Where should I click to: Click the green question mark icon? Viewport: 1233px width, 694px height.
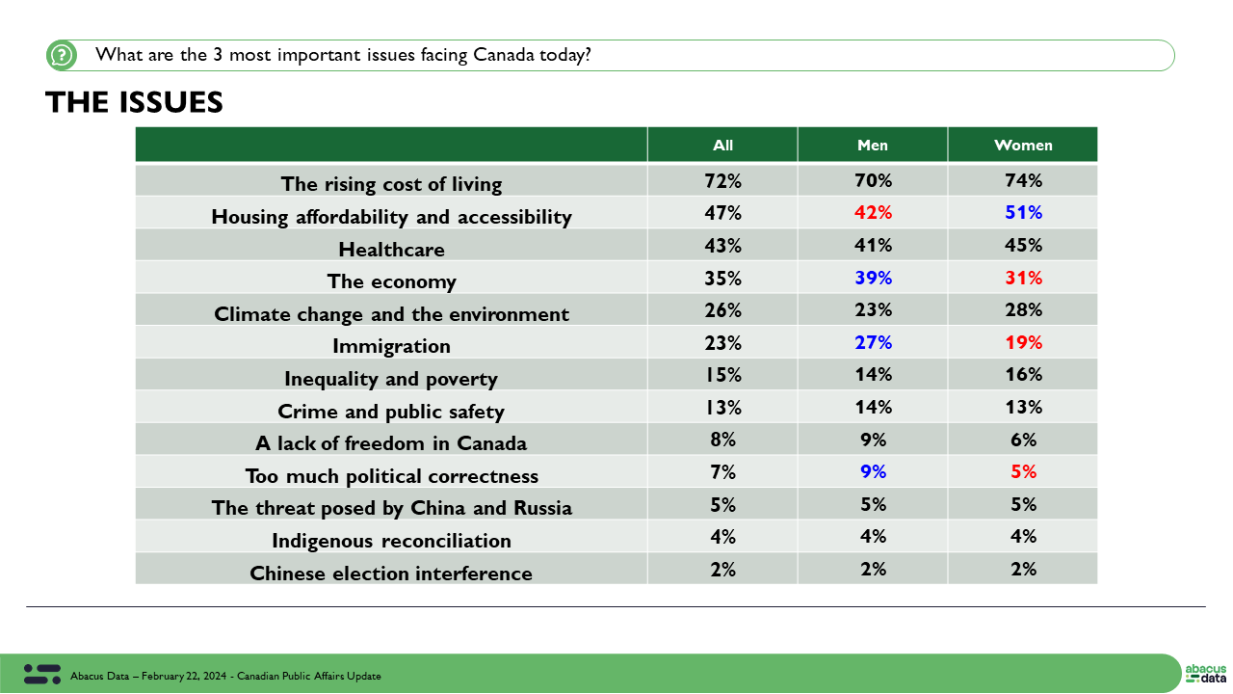click(x=61, y=55)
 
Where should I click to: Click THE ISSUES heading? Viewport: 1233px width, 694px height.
click(x=134, y=102)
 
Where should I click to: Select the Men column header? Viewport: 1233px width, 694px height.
click(x=873, y=146)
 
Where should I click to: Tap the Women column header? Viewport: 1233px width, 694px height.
click(x=1023, y=146)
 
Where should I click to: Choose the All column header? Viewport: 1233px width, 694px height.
click(x=722, y=146)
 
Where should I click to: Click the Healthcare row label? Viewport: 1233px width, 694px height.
click(x=391, y=250)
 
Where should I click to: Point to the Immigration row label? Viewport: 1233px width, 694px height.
click(x=391, y=345)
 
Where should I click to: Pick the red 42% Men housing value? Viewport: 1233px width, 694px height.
click(x=873, y=213)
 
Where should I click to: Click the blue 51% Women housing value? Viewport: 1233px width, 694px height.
click(x=1023, y=213)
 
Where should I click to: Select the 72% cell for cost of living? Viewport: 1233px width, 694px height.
click(x=722, y=180)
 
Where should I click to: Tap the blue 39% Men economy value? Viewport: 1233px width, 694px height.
click(x=873, y=278)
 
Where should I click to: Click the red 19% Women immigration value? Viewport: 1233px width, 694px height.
click(x=1023, y=342)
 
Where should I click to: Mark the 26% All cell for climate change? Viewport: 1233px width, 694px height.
click(x=722, y=310)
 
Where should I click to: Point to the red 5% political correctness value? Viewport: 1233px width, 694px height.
click(x=1023, y=471)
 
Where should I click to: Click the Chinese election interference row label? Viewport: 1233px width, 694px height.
click(x=391, y=574)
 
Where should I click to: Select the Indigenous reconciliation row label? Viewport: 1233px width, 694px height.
click(x=391, y=541)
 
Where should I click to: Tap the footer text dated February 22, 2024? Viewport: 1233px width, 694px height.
click(x=225, y=676)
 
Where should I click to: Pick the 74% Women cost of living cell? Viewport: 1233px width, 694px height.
click(x=1023, y=180)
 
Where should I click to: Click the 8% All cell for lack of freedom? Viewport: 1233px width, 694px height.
click(x=722, y=440)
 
